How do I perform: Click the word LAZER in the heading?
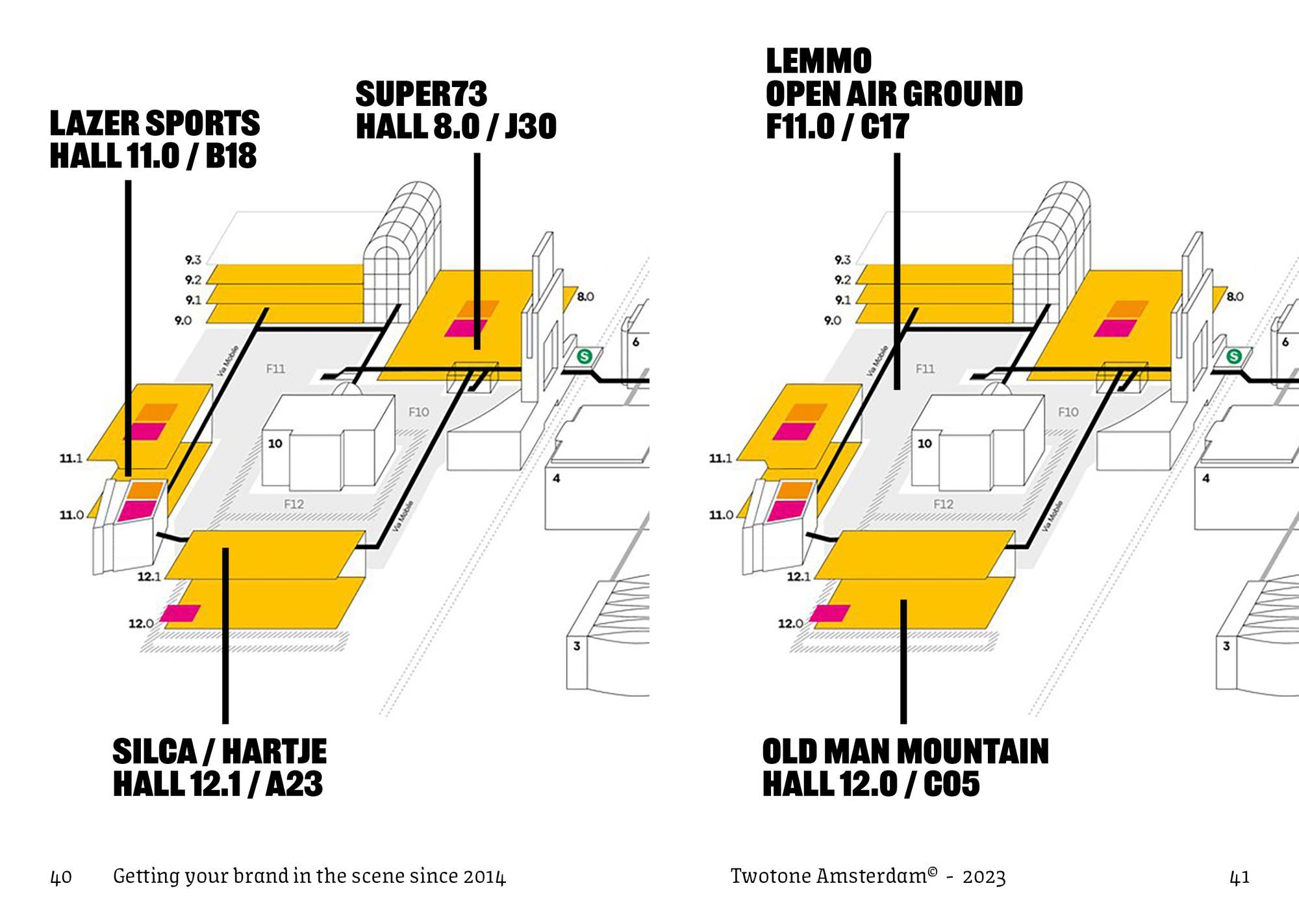point(94,123)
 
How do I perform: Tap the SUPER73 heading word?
point(421,94)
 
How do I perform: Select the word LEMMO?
point(818,62)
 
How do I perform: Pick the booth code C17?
point(885,126)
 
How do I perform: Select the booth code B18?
point(231,156)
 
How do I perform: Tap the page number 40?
point(61,878)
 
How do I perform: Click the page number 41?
point(1239,878)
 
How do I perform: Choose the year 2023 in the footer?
point(984,877)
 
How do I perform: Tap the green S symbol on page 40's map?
point(585,356)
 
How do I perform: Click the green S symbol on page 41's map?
point(1234,356)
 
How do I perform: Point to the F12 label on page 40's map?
point(294,504)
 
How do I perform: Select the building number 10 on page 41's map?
point(924,444)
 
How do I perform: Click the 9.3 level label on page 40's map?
point(193,260)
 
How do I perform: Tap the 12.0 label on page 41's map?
point(790,624)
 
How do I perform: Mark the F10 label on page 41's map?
point(1068,412)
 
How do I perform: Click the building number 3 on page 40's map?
point(577,646)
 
